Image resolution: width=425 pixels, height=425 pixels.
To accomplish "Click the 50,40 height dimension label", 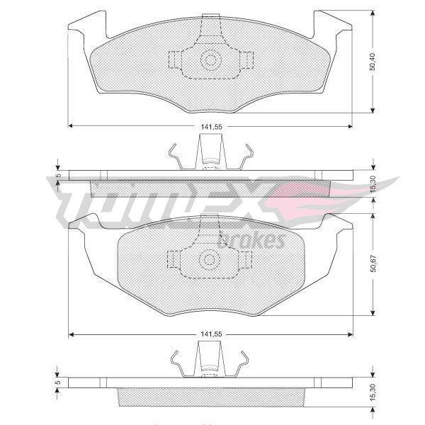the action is [x=373, y=62].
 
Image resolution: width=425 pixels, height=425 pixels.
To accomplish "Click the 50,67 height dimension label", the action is [x=373, y=263].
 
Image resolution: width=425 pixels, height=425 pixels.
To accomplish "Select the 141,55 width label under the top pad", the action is [x=211, y=127].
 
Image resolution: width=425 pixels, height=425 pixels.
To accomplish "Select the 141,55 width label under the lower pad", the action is [x=211, y=334].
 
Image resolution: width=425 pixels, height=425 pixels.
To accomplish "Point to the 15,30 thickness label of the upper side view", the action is [x=373, y=184].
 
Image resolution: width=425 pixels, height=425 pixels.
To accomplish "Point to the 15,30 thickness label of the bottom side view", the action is [x=373, y=392].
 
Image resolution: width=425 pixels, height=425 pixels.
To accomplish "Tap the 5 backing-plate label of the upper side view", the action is [x=58, y=176].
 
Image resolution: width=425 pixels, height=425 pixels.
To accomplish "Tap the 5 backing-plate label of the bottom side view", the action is [x=57, y=382].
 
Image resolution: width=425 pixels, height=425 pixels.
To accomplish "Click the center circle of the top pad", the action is [x=211, y=60].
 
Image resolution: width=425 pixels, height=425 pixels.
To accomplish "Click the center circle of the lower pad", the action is [x=209, y=260].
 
